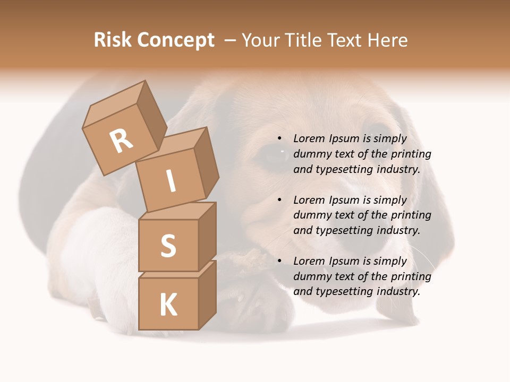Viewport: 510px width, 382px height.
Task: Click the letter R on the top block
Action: [122, 141]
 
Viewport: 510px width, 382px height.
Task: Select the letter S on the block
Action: [168, 246]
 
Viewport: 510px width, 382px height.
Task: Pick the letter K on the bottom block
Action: [168, 305]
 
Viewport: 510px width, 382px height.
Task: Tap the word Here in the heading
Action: [387, 40]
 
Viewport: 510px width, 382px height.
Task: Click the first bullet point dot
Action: [279, 139]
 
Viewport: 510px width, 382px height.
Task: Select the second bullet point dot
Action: [279, 200]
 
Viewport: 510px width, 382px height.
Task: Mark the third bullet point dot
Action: [279, 261]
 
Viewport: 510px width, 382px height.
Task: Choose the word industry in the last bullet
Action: [398, 291]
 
